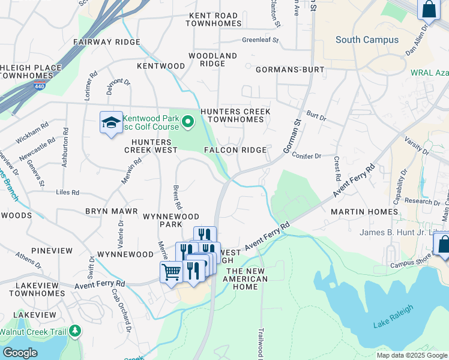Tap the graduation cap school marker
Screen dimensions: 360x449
point(110,124)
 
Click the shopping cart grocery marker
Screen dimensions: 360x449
point(171,272)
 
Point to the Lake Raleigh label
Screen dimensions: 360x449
point(393,325)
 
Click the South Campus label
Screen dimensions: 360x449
point(367,40)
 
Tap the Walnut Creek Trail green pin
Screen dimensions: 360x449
point(75,331)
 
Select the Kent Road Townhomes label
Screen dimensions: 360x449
point(213,20)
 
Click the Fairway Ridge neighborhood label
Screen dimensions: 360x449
point(106,43)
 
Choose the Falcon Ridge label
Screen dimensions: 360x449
point(235,150)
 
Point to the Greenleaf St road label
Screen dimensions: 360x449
point(261,41)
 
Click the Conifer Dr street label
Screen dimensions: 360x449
point(307,156)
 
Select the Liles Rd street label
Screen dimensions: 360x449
point(67,193)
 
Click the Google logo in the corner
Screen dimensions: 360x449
point(20,353)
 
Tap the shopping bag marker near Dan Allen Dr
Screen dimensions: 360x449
point(429,10)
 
